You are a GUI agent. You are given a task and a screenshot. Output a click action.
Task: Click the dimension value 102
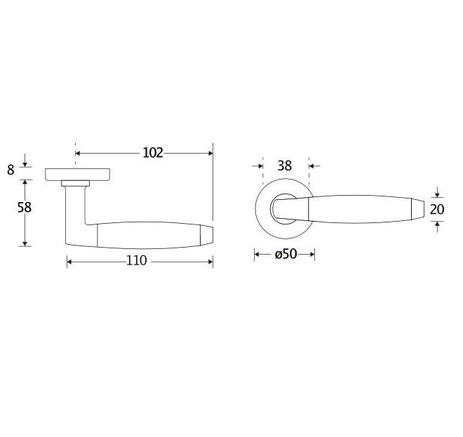(x=153, y=153)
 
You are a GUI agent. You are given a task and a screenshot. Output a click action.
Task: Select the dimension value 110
(x=136, y=260)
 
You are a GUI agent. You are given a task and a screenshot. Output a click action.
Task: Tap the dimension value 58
(x=25, y=208)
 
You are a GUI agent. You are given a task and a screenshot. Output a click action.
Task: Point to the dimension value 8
(x=11, y=170)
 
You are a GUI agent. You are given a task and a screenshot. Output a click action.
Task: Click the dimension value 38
(x=285, y=166)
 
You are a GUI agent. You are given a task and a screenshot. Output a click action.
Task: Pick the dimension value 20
(x=437, y=209)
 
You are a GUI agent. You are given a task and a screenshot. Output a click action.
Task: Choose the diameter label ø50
(x=286, y=254)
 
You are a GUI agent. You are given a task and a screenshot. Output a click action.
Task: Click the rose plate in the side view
(x=78, y=174)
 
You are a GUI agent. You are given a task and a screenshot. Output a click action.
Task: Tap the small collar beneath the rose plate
(x=75, y=183)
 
